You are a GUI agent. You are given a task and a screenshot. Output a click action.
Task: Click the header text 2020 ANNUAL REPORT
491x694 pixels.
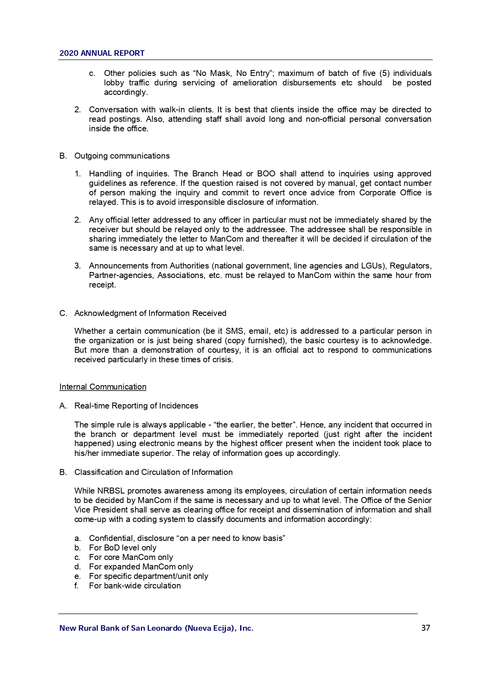(x=102, y=53)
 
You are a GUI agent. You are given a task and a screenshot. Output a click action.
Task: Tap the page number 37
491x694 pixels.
(x=426, y=628)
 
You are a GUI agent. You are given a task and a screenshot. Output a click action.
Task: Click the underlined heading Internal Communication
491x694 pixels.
(x=103, y=387)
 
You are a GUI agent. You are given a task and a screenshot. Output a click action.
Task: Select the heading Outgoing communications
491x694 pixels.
(x=122, y=156)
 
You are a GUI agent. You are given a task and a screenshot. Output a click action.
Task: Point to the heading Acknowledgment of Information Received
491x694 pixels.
(x=150, y=313)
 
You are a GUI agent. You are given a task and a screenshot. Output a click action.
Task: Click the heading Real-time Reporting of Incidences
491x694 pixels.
(x=136, y=406)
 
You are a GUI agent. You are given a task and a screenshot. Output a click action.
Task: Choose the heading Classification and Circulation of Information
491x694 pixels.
(x=154, y=472)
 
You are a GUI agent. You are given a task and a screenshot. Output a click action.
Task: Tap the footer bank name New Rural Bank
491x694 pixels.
(x=156, y=628)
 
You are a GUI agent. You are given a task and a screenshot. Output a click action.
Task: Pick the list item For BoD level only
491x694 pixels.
(x=123, y=548)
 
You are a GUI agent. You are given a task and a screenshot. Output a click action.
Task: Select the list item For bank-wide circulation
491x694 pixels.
(x=135, y=586)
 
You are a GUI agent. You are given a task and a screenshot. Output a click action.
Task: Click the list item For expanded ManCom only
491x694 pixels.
(x=141, y=567)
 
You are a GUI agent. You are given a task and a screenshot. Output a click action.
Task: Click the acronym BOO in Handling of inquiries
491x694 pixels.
(x=266, y=174)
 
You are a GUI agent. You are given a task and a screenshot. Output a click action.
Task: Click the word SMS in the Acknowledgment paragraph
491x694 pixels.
(x=235, y=331)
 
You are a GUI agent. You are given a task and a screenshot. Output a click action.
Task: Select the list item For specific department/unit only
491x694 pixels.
(x=148, y=576)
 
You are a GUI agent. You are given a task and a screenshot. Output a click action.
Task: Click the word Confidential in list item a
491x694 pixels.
(x=112, y=538)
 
